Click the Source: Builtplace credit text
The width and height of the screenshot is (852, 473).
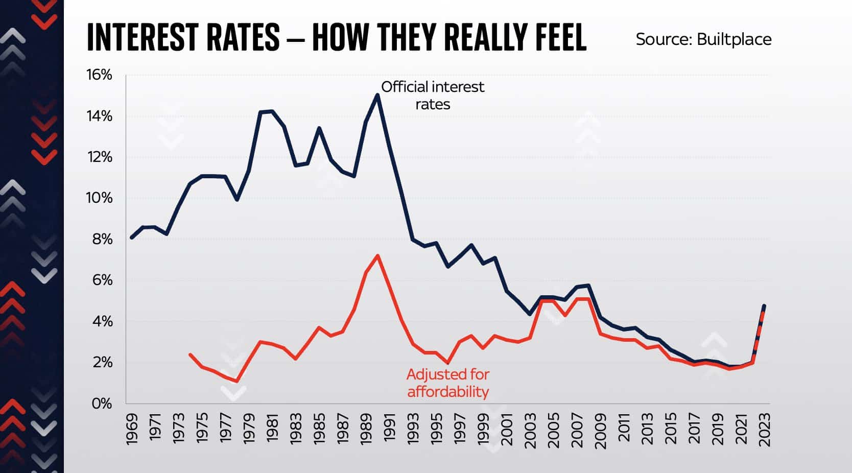pyautogui.click(x=703, y=39)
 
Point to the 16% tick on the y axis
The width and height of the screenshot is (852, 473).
pyautogui.click(x=99, y=75)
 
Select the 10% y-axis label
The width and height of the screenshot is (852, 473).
pyautogui.click(x=99, y=198)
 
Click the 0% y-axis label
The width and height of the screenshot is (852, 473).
pyautogui.click(x=102, y=404)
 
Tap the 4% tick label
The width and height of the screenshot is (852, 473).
pyautogui.click(x=102, y=321)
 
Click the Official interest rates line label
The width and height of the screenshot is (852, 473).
pyautogui.click(x=433, y=96)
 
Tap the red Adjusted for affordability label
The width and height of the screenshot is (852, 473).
pyautogui.click(x=447, y=383)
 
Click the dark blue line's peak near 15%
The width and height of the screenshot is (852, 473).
pyautogui.click(x=377, y=95)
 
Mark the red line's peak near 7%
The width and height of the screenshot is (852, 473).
pyautogui.click(x=377, y=255)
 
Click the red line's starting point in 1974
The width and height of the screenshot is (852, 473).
pyautogui.click(x=190, y=354)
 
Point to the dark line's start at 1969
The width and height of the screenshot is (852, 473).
pyautogui.click(x=132, y=238)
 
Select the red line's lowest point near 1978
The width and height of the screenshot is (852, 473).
pyautogui.click(x=237, y=381)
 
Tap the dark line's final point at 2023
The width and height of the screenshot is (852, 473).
pyautogui.click(x=764, y=306)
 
